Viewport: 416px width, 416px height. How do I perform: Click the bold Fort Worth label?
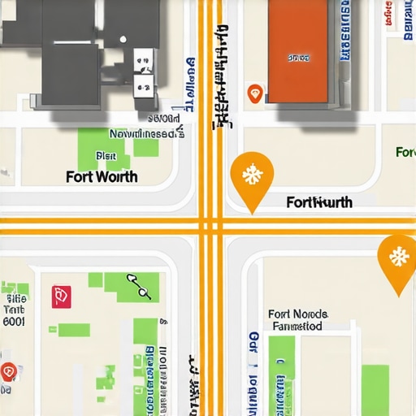tap(102, 176)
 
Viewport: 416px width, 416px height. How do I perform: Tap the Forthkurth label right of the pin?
tap(319, 201)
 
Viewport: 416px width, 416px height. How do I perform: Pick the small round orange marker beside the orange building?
tap(254, 93)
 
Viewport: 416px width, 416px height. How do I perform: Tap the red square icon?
tap(61, 296)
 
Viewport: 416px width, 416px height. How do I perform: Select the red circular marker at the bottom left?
tap(9, 372)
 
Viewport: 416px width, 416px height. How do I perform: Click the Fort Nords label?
tap(297, 314)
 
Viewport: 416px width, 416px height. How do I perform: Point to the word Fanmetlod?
tap(297, 326)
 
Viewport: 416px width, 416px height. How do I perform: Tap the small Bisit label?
tap(106, 155)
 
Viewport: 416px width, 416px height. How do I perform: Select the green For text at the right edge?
tap(405, 153)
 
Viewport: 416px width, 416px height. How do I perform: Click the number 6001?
tap(14, 321)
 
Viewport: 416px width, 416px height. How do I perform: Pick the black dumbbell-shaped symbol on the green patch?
tap(138, 285)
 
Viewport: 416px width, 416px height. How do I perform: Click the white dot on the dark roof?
tap(123, 38)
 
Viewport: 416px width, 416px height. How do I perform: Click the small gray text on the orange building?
tap(298, 58)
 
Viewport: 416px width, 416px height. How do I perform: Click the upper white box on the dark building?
tap(144, 59)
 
